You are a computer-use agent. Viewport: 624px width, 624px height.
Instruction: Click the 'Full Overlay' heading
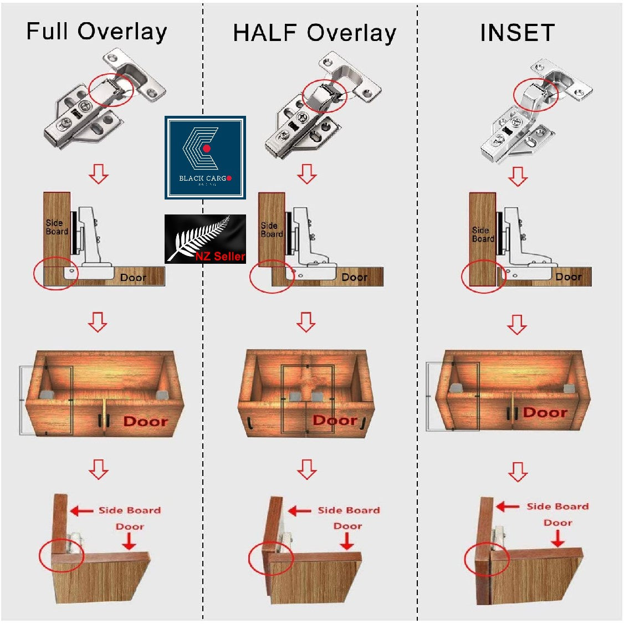[96, 32]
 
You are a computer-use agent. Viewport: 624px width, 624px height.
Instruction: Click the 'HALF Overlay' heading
[314, 33]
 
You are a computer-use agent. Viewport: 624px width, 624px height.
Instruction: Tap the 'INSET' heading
[517, 33]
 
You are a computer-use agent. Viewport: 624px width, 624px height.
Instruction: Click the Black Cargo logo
[205, 158]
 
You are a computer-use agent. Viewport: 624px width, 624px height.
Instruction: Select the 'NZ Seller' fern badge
[206, 239]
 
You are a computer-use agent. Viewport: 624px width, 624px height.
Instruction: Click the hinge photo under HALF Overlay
[321, 105]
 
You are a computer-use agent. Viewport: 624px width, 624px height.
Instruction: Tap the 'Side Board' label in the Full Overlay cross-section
[57, 227]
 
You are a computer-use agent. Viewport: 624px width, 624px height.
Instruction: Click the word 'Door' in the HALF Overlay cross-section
[354, 277]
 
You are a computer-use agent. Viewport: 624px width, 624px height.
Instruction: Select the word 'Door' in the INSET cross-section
[568, 277]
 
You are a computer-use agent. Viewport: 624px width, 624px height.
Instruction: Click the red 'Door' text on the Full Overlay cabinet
[145, 422]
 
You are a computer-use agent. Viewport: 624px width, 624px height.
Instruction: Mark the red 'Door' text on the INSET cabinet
[545, 412]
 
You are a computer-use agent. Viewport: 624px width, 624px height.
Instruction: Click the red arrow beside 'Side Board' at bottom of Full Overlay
[81, 511]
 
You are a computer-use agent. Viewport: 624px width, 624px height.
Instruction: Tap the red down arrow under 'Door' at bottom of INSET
[557, 538]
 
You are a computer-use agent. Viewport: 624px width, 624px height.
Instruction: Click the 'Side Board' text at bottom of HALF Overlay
[349, 510]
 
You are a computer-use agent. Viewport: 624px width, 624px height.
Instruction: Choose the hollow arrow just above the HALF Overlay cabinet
[306, 321]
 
